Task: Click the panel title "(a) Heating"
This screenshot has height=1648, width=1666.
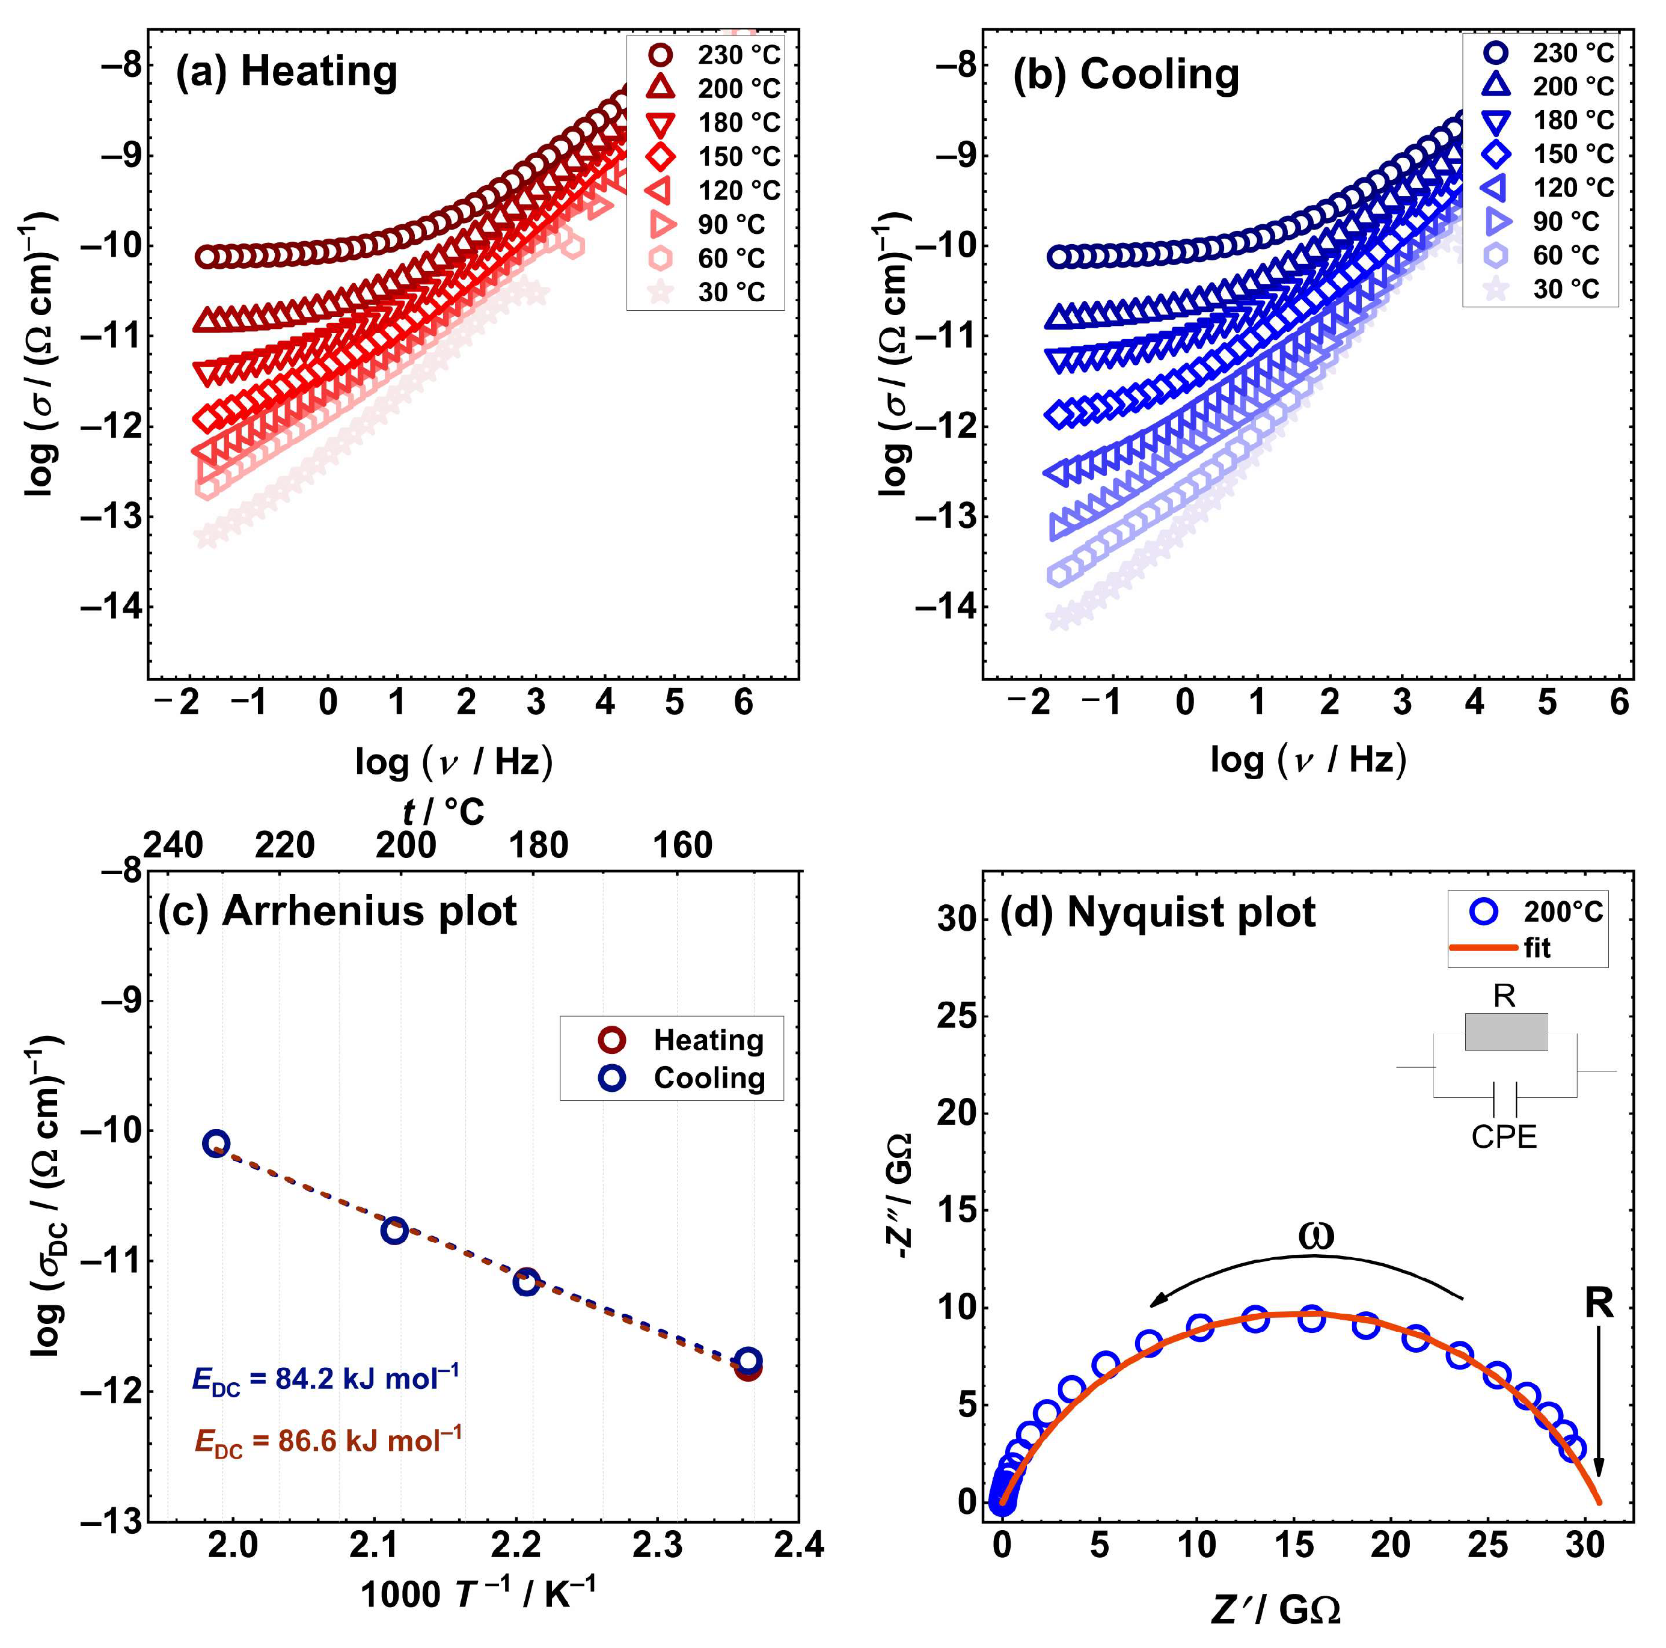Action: [286, 72]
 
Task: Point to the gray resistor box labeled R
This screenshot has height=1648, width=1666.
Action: [1505, 1031]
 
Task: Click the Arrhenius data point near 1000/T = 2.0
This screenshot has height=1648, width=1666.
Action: [216, 1144]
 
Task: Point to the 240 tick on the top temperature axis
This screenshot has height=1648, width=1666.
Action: [173, 846]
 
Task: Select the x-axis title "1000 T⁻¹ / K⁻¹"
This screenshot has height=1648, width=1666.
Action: [478, 1594]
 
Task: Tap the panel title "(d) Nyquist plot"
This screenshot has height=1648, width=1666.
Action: [1157, 911]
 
